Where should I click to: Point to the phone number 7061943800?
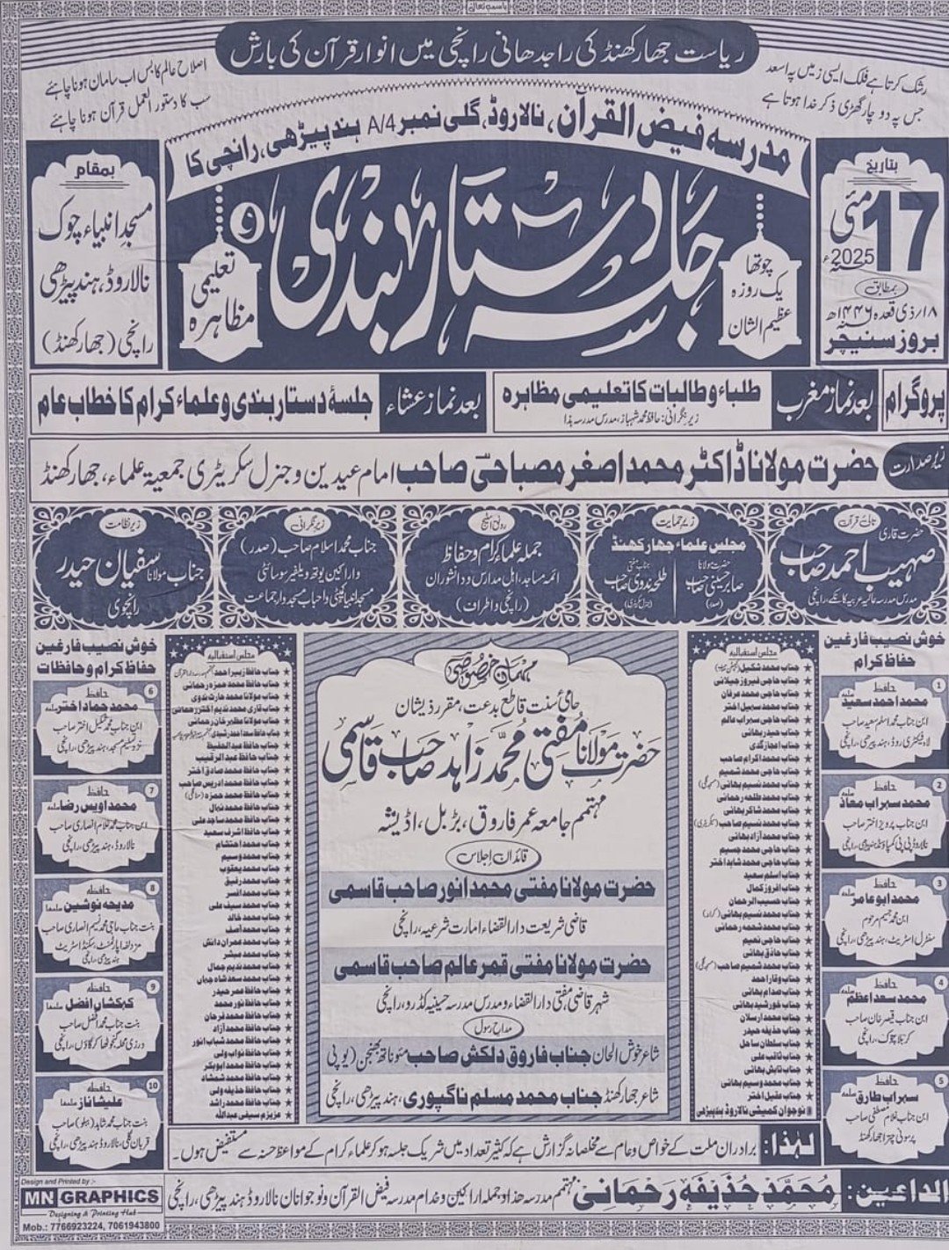coord(129,1225)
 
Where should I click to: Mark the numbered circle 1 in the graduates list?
coord(917,682)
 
